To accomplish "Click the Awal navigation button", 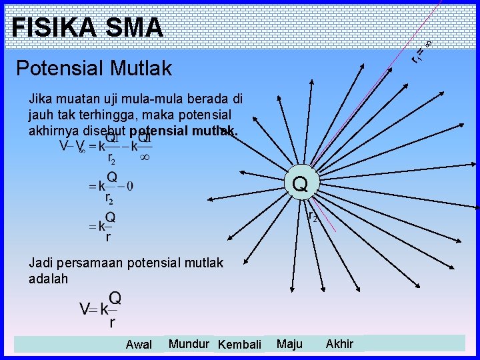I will point(139,344).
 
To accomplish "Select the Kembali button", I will point(239,344).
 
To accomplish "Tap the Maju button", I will point(289,343).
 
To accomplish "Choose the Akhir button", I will point(339,343).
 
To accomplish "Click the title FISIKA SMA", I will point(87,27).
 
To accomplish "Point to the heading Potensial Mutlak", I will point(93,67).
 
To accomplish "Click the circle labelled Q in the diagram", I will point(300,183).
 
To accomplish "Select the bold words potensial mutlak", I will point(184,131).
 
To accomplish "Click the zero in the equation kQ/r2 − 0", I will point(129,186).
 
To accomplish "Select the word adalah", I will point(48,279).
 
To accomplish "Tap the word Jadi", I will point(41,263).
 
